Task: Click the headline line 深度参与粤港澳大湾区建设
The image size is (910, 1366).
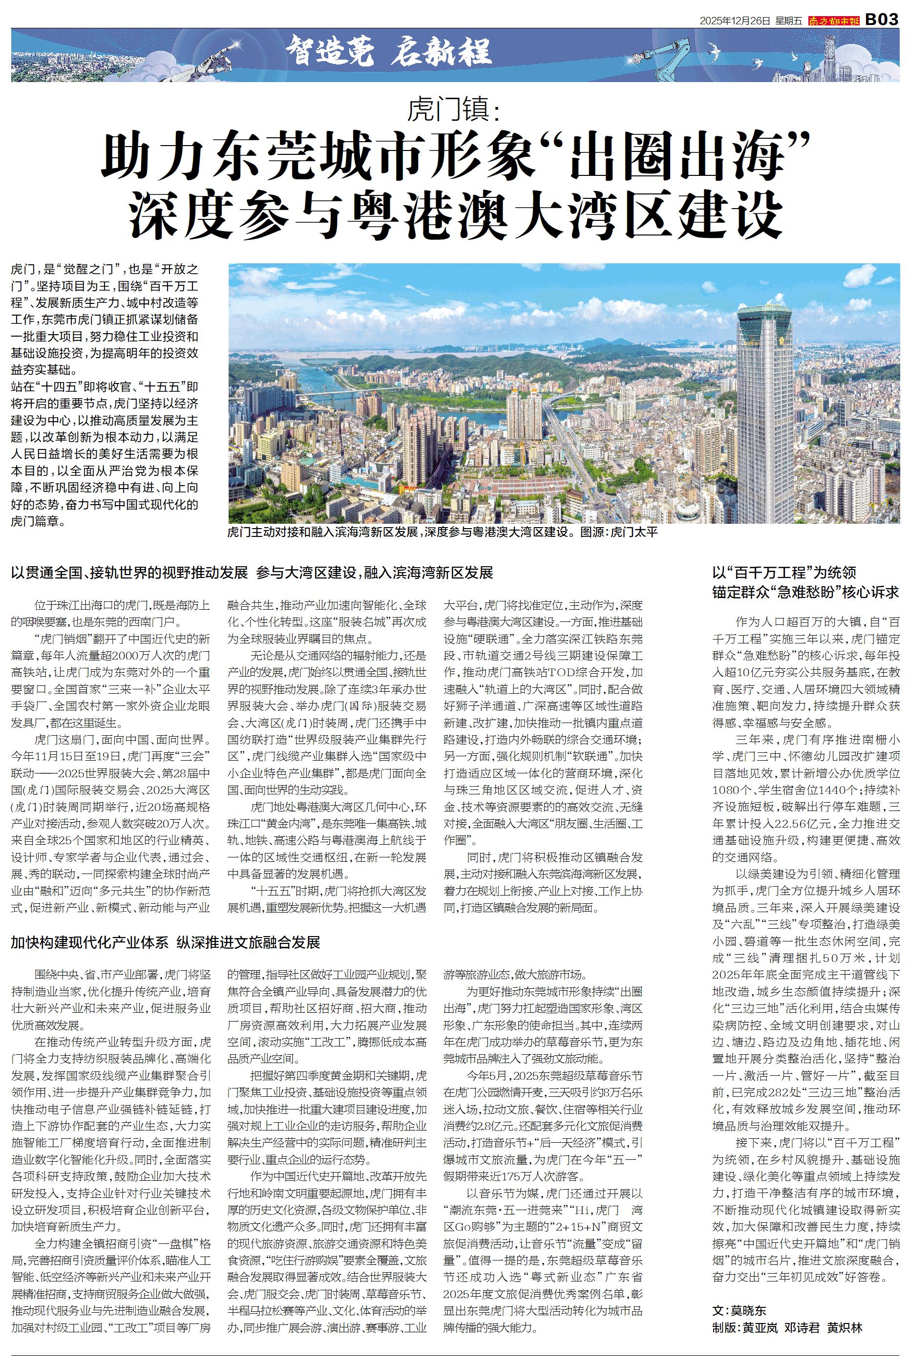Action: [x=456, y=214]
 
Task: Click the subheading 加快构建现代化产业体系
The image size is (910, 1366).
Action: [x=90, y=942]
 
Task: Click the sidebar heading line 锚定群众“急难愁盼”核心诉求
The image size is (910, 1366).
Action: [x=805, y=592]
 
